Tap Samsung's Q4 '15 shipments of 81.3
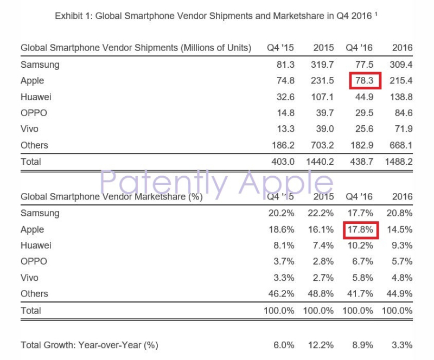pos(285,65)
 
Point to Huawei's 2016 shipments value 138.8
pos(401,97)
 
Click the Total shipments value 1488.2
pos(399,162)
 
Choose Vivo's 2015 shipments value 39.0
pos(324,130)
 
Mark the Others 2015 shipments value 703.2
pos(322,145)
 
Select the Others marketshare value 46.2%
pos(282,294)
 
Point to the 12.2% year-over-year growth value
pos(322,345)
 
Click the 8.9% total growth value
pos(362,345)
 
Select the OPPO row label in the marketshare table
pos(34,261)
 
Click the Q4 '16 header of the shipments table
pos(360,48)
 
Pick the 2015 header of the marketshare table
pos(323,197)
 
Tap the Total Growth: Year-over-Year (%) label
pos(90,345)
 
